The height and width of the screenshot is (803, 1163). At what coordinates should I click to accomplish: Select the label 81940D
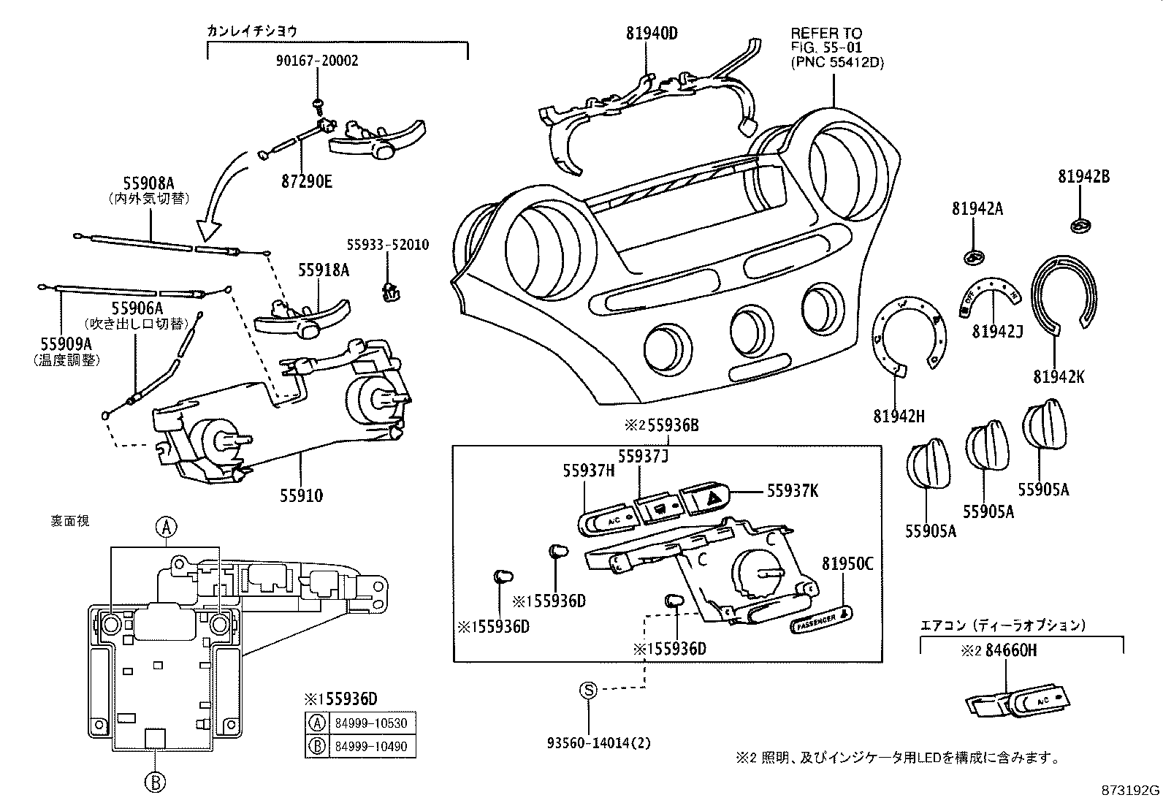(652, 33)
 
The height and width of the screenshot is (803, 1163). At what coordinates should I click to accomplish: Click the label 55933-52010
(388, 245)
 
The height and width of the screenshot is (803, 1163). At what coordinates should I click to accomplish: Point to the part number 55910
(301, 496)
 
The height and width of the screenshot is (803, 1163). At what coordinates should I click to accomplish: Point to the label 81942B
(1083, 177)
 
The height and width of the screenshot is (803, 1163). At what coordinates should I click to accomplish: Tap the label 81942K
(1059, 377)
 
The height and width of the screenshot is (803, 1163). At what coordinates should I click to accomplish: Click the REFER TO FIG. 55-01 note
(836, 47)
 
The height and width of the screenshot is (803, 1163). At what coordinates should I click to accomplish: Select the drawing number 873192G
(1130, 791)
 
